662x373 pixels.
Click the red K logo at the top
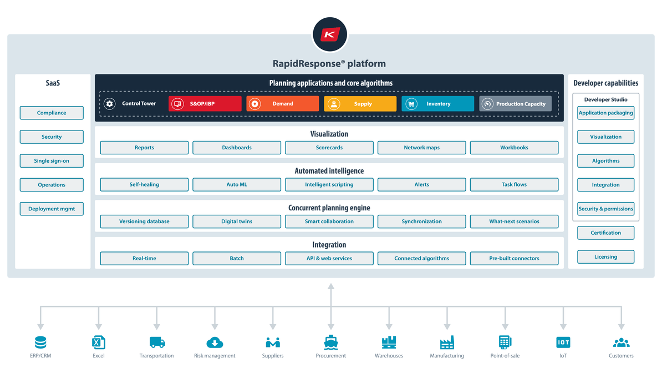[330, 34]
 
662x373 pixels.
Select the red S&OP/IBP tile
[205, 104]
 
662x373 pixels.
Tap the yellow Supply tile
[360, 104]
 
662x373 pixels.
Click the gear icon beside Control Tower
[110, 104]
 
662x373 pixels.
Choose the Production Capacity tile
[516, 104]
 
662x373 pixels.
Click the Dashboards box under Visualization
[237, 148]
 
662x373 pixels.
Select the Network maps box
[421, 148]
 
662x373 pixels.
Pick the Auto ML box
[237, 184]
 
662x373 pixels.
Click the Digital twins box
[237, 221]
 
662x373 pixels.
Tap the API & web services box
[329, 259]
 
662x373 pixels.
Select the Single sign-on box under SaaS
[52, 161]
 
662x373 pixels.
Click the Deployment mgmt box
[52, 209]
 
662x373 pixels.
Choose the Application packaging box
[605, 113]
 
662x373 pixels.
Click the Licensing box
[605, 257]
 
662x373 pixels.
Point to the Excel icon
[99, 342]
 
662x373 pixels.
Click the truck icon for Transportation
[157, 342]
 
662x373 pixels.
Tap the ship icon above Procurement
[331, 342]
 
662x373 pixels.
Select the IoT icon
[563, 342]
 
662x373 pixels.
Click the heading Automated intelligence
[329, 171]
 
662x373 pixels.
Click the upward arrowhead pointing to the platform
[331, 287]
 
